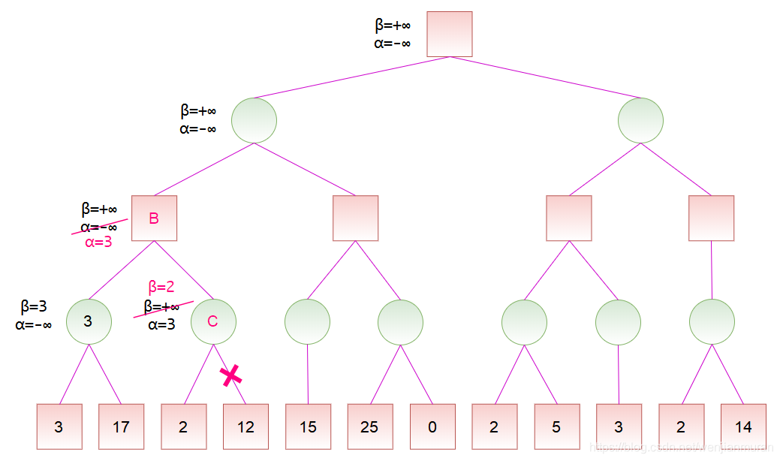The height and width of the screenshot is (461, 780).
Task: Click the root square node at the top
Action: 450,34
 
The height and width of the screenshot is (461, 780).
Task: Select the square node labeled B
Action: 154,218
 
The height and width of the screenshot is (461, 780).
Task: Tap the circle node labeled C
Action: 213,321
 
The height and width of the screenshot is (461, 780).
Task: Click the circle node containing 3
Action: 89,321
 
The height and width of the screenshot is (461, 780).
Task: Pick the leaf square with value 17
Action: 121,426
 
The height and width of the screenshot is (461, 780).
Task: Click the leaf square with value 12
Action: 245,426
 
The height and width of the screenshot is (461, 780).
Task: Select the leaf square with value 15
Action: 308,426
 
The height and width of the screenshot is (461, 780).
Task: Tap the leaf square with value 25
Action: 369,426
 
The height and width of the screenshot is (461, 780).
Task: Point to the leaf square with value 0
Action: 432,426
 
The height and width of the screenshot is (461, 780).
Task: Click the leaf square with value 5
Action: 556,426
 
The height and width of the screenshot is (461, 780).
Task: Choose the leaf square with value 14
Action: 743,426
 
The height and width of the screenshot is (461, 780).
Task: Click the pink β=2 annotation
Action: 161,287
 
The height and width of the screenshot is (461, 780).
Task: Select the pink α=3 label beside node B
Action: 98,243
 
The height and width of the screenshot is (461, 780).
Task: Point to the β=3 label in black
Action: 34,306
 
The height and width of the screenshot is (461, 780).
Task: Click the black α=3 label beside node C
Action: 161,324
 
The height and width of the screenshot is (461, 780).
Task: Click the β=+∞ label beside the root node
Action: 393,26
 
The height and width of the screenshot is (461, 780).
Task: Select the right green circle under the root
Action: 640,120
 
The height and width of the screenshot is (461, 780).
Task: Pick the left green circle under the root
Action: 254,120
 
